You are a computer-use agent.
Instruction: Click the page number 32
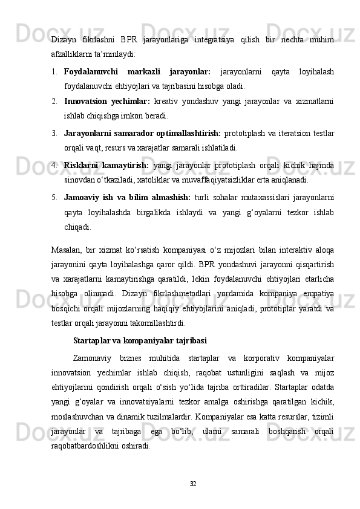(x=193, y=484)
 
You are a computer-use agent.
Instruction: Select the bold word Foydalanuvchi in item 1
(x=90, y=72)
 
